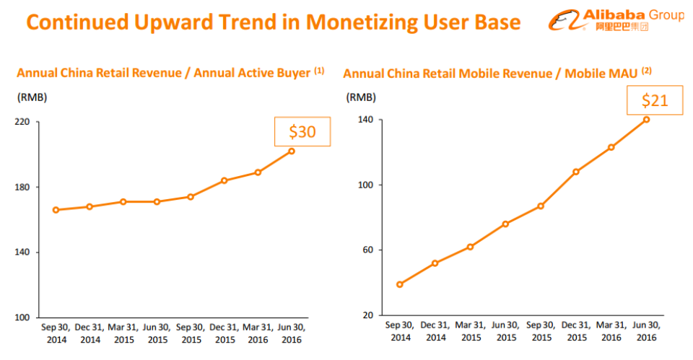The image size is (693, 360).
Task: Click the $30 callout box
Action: pyautogui.click(x=302, y=131)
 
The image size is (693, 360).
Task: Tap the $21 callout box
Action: pyautogui.click(x=656, y=101)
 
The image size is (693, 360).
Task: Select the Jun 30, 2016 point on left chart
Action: pyautogui.click(x=291, y=151)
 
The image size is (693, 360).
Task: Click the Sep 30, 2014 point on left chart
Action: pyautogui.click(x=56, y=210)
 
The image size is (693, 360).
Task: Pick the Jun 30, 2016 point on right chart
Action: pyautogui.click(x=646, y=119)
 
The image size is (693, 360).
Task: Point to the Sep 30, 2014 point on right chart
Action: pyautogui.click(x=400, y=284)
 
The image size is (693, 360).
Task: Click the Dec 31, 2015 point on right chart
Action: pyautogui.click(x=575, y=172)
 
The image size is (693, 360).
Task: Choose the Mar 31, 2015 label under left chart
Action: pyautogui.click(x=123, y=333)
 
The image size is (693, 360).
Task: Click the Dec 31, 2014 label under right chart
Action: pyautogui.click(x=435, y=331)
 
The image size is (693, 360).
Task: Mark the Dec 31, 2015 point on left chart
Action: pyautogui.click(x=225, y=180)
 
